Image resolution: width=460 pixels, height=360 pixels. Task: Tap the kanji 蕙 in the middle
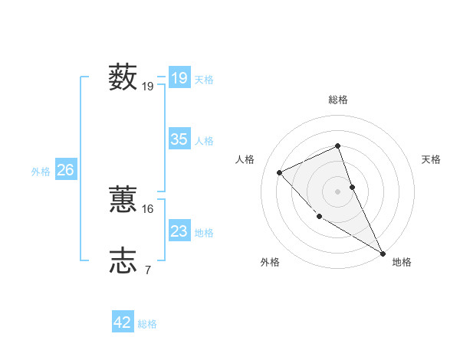point(123,200)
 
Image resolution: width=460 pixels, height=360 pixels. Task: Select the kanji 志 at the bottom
point(123,260)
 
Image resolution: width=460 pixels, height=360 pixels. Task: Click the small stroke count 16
point(148,208)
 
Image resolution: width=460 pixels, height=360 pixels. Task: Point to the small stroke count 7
point(148,270)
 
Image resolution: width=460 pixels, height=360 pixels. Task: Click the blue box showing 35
point(179,139)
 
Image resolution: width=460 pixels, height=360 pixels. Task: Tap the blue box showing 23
point(179,231)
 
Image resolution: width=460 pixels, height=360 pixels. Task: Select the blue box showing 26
point(65,170)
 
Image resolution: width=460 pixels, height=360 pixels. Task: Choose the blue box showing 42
point(123,322)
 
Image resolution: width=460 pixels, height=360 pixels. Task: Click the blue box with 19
point(179,78)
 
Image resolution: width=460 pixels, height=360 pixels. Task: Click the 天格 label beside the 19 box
point(204,79)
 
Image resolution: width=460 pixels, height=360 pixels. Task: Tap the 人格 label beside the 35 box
point(204,141)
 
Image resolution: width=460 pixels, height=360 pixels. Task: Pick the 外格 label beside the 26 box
point(41,172)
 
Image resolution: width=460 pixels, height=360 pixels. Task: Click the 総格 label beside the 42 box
point(147,324)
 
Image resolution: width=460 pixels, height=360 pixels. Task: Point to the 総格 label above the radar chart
point(338,100)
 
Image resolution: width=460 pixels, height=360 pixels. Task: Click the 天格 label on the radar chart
point(431,159)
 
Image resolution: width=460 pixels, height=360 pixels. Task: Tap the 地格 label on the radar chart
point(402,262)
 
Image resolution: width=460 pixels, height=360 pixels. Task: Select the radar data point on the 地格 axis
point(383,253)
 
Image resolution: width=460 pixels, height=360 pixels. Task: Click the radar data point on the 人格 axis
point(280,172)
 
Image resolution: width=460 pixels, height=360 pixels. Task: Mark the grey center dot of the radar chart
point(338,191)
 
